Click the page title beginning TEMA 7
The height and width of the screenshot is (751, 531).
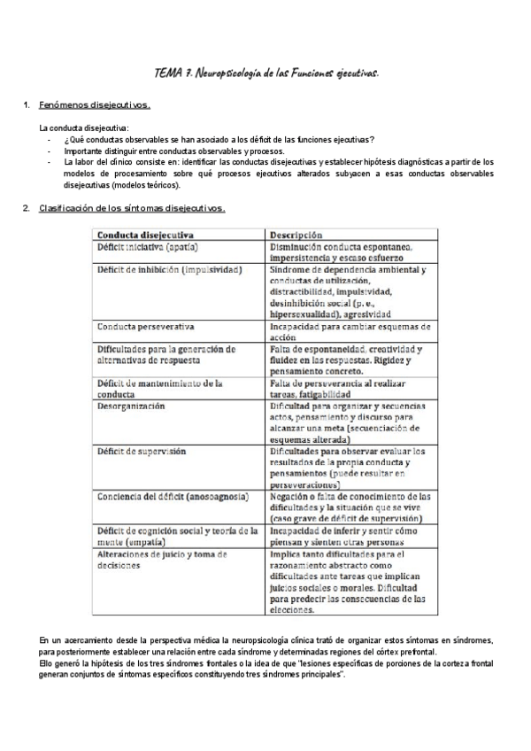point(265,74)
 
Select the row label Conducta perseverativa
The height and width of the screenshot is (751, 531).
point(146,326)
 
